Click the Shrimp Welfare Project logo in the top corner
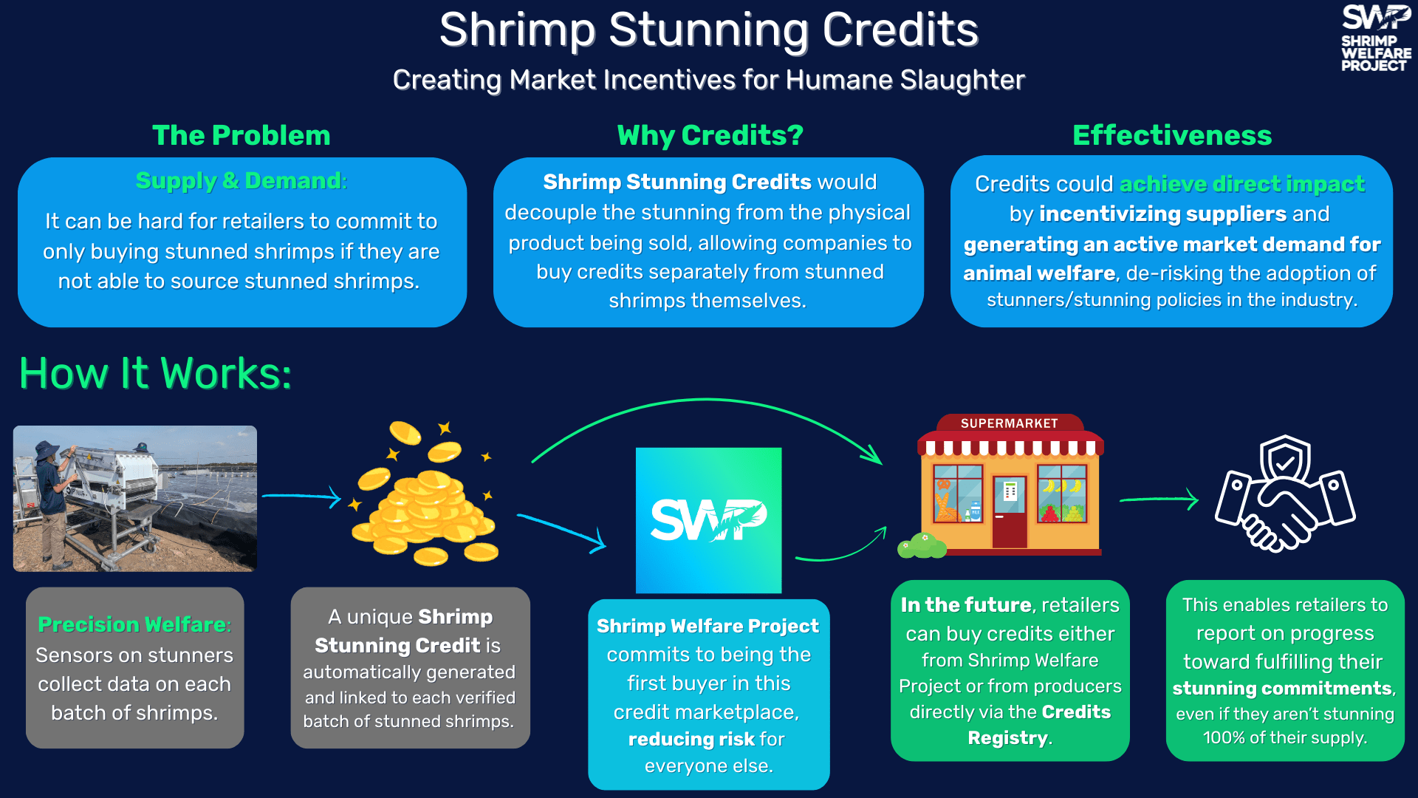(1375, 38)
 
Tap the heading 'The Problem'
(241, 135)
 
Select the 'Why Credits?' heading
(710, 135)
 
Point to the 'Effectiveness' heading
(1172, 135)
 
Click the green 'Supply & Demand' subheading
(241, 181)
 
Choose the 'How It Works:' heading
(155, 373)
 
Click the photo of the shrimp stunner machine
(135, 498)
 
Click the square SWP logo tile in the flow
(708, 520)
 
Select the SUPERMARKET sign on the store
(1009, 423)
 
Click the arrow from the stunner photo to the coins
(301, 497)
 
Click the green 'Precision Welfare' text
(134, 625)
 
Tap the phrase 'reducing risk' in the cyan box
(691, 740)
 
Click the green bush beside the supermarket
(921, 546)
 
